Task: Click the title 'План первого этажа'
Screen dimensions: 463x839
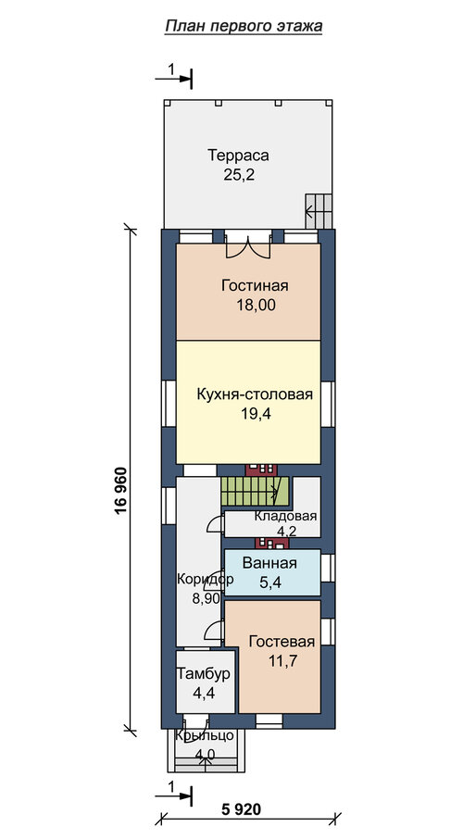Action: (244, 26)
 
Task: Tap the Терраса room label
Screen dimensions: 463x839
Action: (238, 156)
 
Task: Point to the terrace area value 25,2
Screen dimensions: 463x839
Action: (239, 175)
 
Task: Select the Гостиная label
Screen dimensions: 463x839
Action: (255, 285)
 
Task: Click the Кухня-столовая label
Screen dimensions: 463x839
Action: (255, 394)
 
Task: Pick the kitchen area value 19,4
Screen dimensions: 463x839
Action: (256, 413)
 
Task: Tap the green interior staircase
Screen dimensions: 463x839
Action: (255, 491)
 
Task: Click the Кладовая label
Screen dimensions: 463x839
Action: (286, 517)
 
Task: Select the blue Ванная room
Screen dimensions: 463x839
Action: (272, 572)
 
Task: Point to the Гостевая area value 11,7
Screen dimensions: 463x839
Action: (282, 660)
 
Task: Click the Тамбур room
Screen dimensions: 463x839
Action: (206, 682)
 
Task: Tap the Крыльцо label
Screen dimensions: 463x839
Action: (206, 735)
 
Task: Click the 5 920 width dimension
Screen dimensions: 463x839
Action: (241, 809)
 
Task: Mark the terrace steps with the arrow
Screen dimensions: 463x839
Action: (319, 210)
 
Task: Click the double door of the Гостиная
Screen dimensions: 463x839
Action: (247, 245)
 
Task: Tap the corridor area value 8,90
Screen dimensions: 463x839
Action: (206, 598)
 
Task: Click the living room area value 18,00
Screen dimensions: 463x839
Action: (256, 305)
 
